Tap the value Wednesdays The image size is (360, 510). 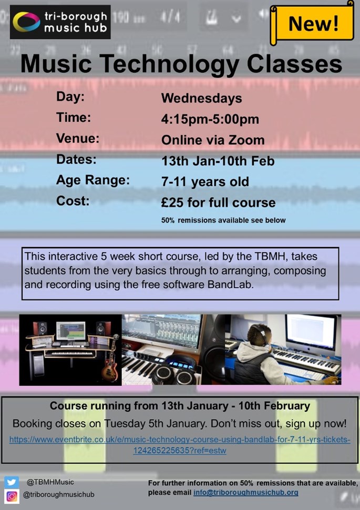pos(202,98)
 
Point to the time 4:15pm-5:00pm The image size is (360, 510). pos(210,119)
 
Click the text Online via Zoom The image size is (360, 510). pos(213,140)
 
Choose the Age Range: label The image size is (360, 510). pos(93,180)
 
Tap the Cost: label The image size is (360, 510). pos(73,201)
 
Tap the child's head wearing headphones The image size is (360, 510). pos(259,336)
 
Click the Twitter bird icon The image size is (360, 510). pos(12,482)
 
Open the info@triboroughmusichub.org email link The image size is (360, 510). pos(246,493)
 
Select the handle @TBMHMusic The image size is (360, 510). pos(50,482)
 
